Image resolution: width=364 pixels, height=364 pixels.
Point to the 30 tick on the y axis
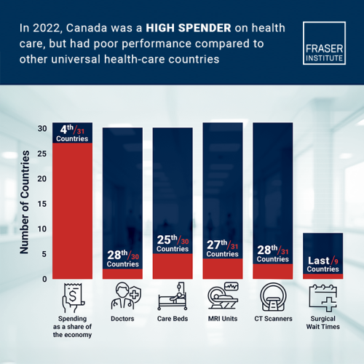(x=42, y=129)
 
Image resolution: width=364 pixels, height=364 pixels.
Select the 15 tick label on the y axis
(x=42, y=204)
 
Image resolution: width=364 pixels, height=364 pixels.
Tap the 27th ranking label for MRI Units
(x=223, y=249)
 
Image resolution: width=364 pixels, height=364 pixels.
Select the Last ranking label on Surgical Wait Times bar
(x=323, y=264)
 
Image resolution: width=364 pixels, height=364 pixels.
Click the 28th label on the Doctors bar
(x=122, y=258)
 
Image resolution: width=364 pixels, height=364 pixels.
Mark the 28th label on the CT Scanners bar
(x=272, y=254)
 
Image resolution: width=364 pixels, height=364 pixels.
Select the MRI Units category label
(x=223, y=319)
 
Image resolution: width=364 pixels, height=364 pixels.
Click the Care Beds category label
(x=173, y=319)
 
